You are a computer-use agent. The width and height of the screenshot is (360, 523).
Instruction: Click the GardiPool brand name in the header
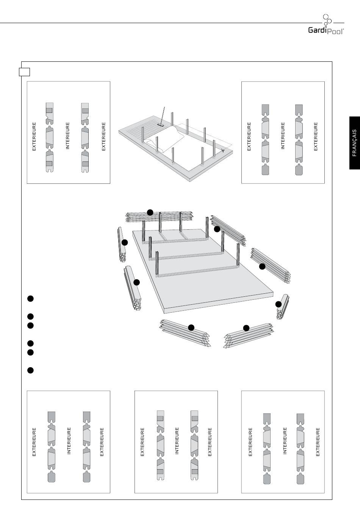click(326, 30)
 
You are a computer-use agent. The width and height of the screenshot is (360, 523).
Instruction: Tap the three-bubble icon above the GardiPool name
click(327, 20)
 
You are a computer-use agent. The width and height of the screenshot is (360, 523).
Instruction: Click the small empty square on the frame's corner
click(25, 72)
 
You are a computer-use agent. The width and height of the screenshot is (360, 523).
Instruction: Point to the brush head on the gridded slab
click(160, 124)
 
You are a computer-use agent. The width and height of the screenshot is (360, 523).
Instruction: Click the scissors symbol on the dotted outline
click(223, 150)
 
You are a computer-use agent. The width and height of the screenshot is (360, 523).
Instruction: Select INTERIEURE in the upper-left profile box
click(67, 135)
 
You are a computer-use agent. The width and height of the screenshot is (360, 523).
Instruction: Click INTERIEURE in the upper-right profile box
click(282, 135)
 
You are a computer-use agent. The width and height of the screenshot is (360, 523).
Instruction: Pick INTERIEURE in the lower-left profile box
click(69, 441)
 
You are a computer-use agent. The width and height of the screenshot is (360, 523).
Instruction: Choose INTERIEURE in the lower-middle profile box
click(177, 441)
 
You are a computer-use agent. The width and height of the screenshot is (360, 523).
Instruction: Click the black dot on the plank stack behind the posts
click(150, 212)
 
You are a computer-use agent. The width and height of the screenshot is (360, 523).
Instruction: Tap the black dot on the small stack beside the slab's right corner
click(279, 304)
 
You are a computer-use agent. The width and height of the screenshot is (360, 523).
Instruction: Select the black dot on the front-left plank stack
click(191, 327)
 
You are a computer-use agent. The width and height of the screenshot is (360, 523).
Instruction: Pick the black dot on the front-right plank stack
click(246, 328)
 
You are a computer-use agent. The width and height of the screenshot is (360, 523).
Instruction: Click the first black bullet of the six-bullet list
click(30, 299)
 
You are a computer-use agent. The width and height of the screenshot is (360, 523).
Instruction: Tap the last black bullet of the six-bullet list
click(30, 370)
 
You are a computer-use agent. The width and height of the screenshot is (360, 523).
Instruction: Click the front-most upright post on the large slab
click(157, 264)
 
